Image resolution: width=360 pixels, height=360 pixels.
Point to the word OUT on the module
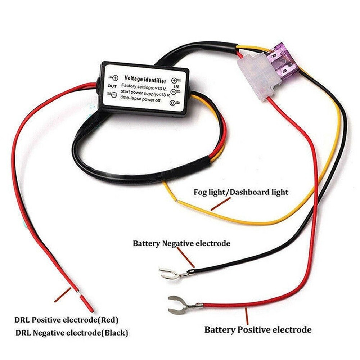pyautogui.click(x=112, y=86)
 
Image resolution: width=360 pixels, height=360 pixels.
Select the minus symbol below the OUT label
pyautogui.click(x=113, y=95)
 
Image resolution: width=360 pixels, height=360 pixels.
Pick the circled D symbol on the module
pyautogui.click(x=174, y=103)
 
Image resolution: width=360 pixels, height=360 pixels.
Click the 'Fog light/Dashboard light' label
pyautogui.click(x=241, y=192)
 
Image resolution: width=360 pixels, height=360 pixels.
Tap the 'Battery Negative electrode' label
pyautogui.click(x=181, y=243)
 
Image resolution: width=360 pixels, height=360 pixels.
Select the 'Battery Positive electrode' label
pyautogui.click(x=258, y=329)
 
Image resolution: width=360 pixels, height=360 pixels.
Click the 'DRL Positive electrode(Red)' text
pyautogui.click(x=66, y=319)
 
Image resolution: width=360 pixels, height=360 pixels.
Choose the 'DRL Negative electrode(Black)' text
pyautogui.click(x=71, y=333)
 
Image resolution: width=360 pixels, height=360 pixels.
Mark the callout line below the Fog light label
pyautogui.click(x=220, y=204)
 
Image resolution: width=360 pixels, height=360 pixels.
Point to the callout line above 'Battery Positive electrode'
pyautogui.click(x=247, y=316)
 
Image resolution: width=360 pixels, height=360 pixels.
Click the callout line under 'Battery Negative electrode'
pyautogui.click(x=186, y=257)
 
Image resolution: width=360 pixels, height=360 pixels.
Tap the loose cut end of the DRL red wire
pyautogui.click(x=87, y=304)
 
